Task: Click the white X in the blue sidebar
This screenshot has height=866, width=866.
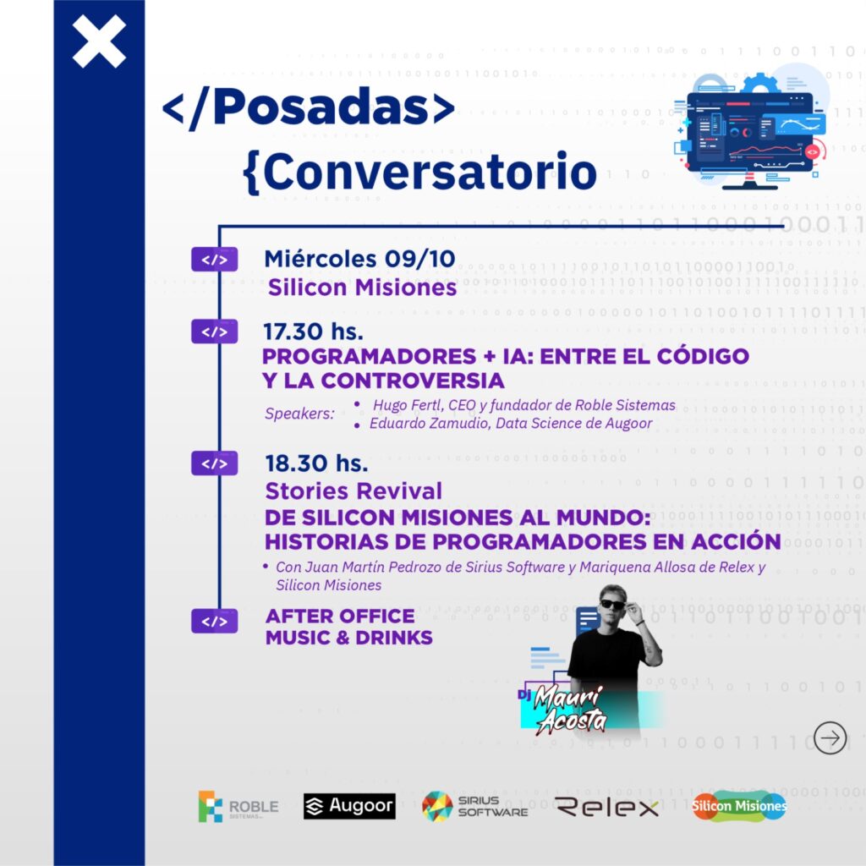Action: pyautogui.click(x=99, y=41)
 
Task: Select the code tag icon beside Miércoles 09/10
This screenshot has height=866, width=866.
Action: pyautogui.click(x=214, y=260)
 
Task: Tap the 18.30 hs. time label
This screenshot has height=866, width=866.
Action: pyautogui.click(x=315, y=464)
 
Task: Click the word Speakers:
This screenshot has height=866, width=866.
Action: pyautogui.click(x=299, y=414)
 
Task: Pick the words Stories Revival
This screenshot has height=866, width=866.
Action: pyautogui.click(x=354, y=491)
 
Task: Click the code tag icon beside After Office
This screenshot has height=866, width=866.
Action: pyautogui.click(x=214, y=622)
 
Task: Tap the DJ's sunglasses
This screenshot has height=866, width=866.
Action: pyautogui.click(x=611, y=605)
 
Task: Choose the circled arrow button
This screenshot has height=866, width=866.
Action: pyautogui.click(x=830, y=738)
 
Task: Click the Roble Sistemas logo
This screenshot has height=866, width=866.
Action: pyautogui.click(x=238, y=807)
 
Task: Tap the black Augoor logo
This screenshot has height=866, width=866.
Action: pyautogui.click(x=349, y=807)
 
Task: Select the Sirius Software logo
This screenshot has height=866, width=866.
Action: pyautogui.click(x=474, y=807)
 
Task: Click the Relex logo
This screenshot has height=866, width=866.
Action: pyautogui.click(x=606, y=808)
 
